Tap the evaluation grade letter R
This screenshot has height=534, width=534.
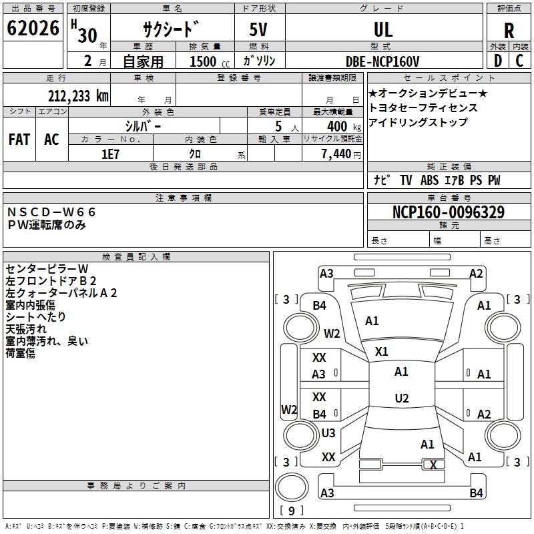[x=509, y=30]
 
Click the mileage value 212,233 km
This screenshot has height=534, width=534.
[x=79, y=96]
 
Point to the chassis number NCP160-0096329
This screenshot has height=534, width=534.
[x=448, y=212]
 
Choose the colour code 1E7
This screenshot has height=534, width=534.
[x=110, y=154]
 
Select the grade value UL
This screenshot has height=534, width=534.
[x=383, y=30]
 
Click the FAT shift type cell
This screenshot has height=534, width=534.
[x=19, y=140]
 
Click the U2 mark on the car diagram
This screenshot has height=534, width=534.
[x=401, y=398]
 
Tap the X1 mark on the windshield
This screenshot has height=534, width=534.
[x=382, y=351]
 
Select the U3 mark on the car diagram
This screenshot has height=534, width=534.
[x=328, y=433]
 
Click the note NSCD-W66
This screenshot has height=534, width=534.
[x=52, y=212]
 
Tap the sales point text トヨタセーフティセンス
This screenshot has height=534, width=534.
[x=423, y=107]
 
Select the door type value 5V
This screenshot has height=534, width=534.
[x=259, y=30]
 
